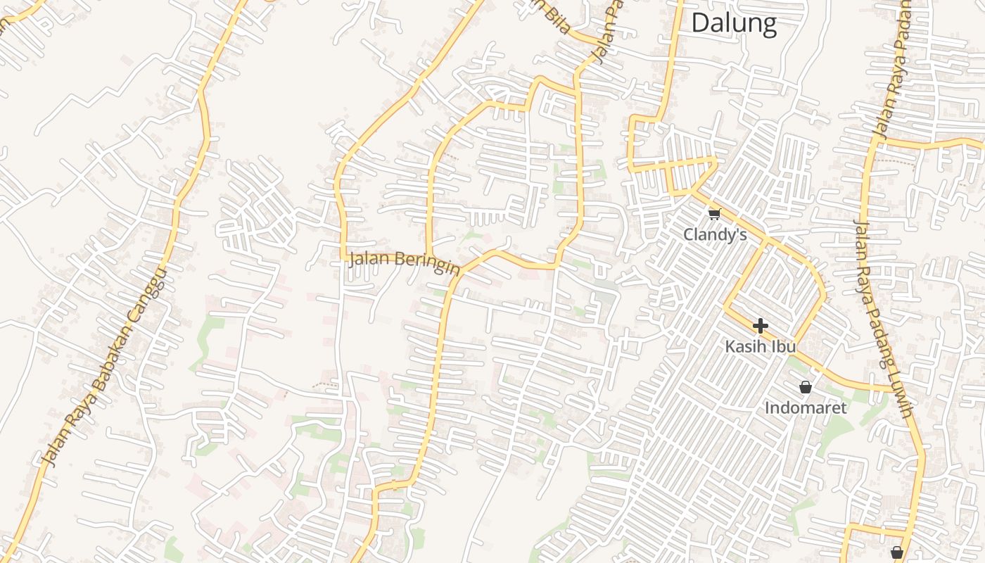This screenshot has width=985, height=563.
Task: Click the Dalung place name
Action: (734, 23)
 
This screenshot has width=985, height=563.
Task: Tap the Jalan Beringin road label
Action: (404, 262)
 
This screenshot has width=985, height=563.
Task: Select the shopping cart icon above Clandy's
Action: (715, 214)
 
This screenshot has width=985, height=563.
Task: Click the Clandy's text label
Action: (715, 234)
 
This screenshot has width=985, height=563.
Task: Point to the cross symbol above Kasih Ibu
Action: (760, 326)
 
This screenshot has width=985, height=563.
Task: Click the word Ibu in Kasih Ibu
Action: (784, 347)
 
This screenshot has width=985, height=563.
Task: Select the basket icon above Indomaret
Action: (806, 387)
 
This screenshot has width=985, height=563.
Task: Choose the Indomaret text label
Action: (806, 407)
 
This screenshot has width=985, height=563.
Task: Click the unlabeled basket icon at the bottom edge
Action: (896, 553)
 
